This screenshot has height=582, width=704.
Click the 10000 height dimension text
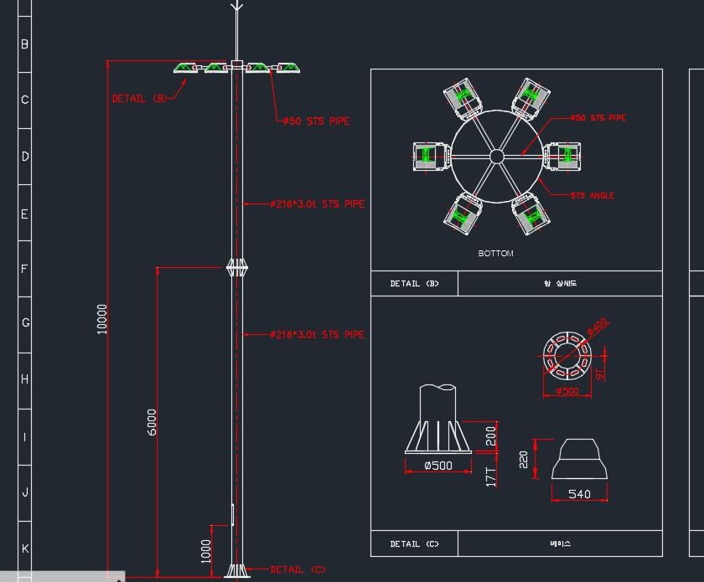click(x=102, y=319)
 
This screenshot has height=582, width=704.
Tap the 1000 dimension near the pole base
click(x=206, y=550)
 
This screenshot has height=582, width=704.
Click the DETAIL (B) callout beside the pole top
click(x=140, y=99)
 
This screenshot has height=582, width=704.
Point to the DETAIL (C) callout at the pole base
click(x=298, y=569)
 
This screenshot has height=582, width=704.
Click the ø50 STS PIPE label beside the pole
click(x=315, y=121)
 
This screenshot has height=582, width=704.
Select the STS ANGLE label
click(x=593, y=195)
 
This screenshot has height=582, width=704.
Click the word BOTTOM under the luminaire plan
click(x=495, y=253)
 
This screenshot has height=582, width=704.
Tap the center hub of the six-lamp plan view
click(x=496, y=156)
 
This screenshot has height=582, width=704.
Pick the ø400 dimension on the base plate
click(x=598, y=326)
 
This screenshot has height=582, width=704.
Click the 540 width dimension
click(x=579, y=494)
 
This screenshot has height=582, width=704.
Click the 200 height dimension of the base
click(x=491, y=435)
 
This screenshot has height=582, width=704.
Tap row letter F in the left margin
click(x=24, y=269)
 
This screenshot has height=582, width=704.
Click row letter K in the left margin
click(x=24, y=549)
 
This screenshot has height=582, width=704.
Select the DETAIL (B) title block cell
click(x=415, y=284)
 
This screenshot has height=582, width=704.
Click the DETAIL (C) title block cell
click(x=415, y=544)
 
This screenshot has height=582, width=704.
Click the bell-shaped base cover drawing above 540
click(x=578, y=459)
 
